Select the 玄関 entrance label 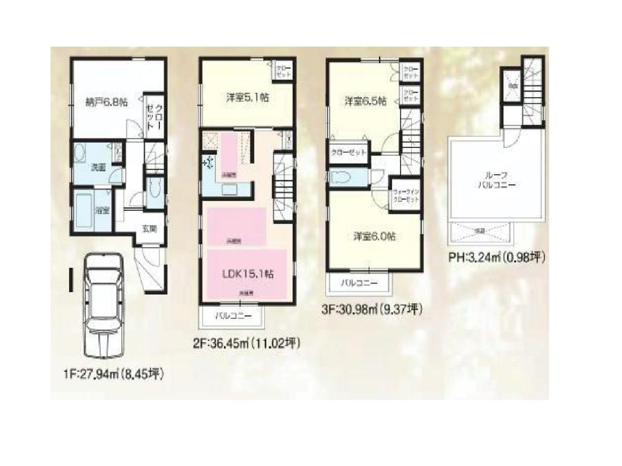(149, 228)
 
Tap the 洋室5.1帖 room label (246, 97)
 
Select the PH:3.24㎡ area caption (496, 256)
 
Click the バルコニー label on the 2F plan (234, 316)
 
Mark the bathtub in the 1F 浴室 (84, 211)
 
